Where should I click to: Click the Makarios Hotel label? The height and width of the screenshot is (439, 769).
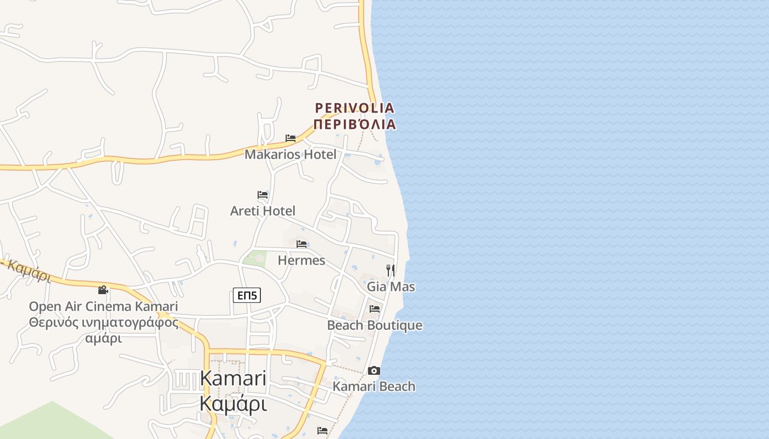(290, 154)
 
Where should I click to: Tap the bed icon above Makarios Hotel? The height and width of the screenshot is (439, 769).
(291, 138)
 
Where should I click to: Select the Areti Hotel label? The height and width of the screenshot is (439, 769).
(263, 211)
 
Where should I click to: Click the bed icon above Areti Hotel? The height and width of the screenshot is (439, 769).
(263, 195)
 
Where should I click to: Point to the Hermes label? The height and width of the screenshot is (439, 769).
(301, 260)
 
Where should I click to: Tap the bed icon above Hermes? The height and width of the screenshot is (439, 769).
(302, 244)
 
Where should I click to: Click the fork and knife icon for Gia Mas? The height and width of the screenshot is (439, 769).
(391, 270)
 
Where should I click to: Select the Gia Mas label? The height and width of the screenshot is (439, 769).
(391, 286)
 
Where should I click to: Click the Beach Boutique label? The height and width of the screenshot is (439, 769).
(375, 325)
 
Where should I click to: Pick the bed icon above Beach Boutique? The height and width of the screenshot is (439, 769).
(375, 309)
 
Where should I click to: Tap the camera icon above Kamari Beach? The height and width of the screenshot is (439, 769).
(374, 370)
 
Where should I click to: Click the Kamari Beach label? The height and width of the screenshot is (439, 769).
(374, 386)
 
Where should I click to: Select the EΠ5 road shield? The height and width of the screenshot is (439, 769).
(247, 295)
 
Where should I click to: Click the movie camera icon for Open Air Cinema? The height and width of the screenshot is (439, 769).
(103, 290)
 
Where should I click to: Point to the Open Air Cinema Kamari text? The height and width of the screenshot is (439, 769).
(103, 306)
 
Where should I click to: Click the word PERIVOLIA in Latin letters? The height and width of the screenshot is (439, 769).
(354, 108)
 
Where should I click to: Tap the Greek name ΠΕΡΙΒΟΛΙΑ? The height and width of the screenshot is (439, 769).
(354, 124)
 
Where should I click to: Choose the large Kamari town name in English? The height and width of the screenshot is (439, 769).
(233, 378)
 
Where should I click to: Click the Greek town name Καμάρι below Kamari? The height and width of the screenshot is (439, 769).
(233, 403)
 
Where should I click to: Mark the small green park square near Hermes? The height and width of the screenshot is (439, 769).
(254, 258)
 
